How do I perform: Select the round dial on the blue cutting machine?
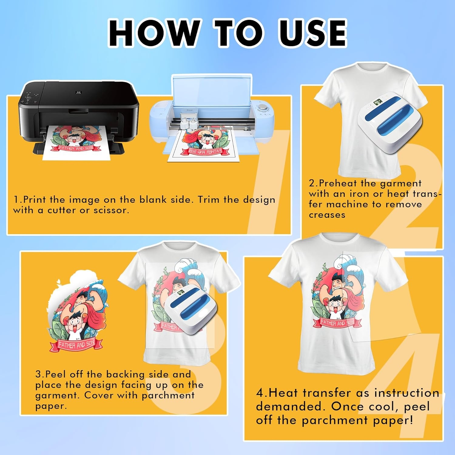(262, 108)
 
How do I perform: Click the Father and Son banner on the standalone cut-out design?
(76, 344)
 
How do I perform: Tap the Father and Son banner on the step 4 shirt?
(337, 323)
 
